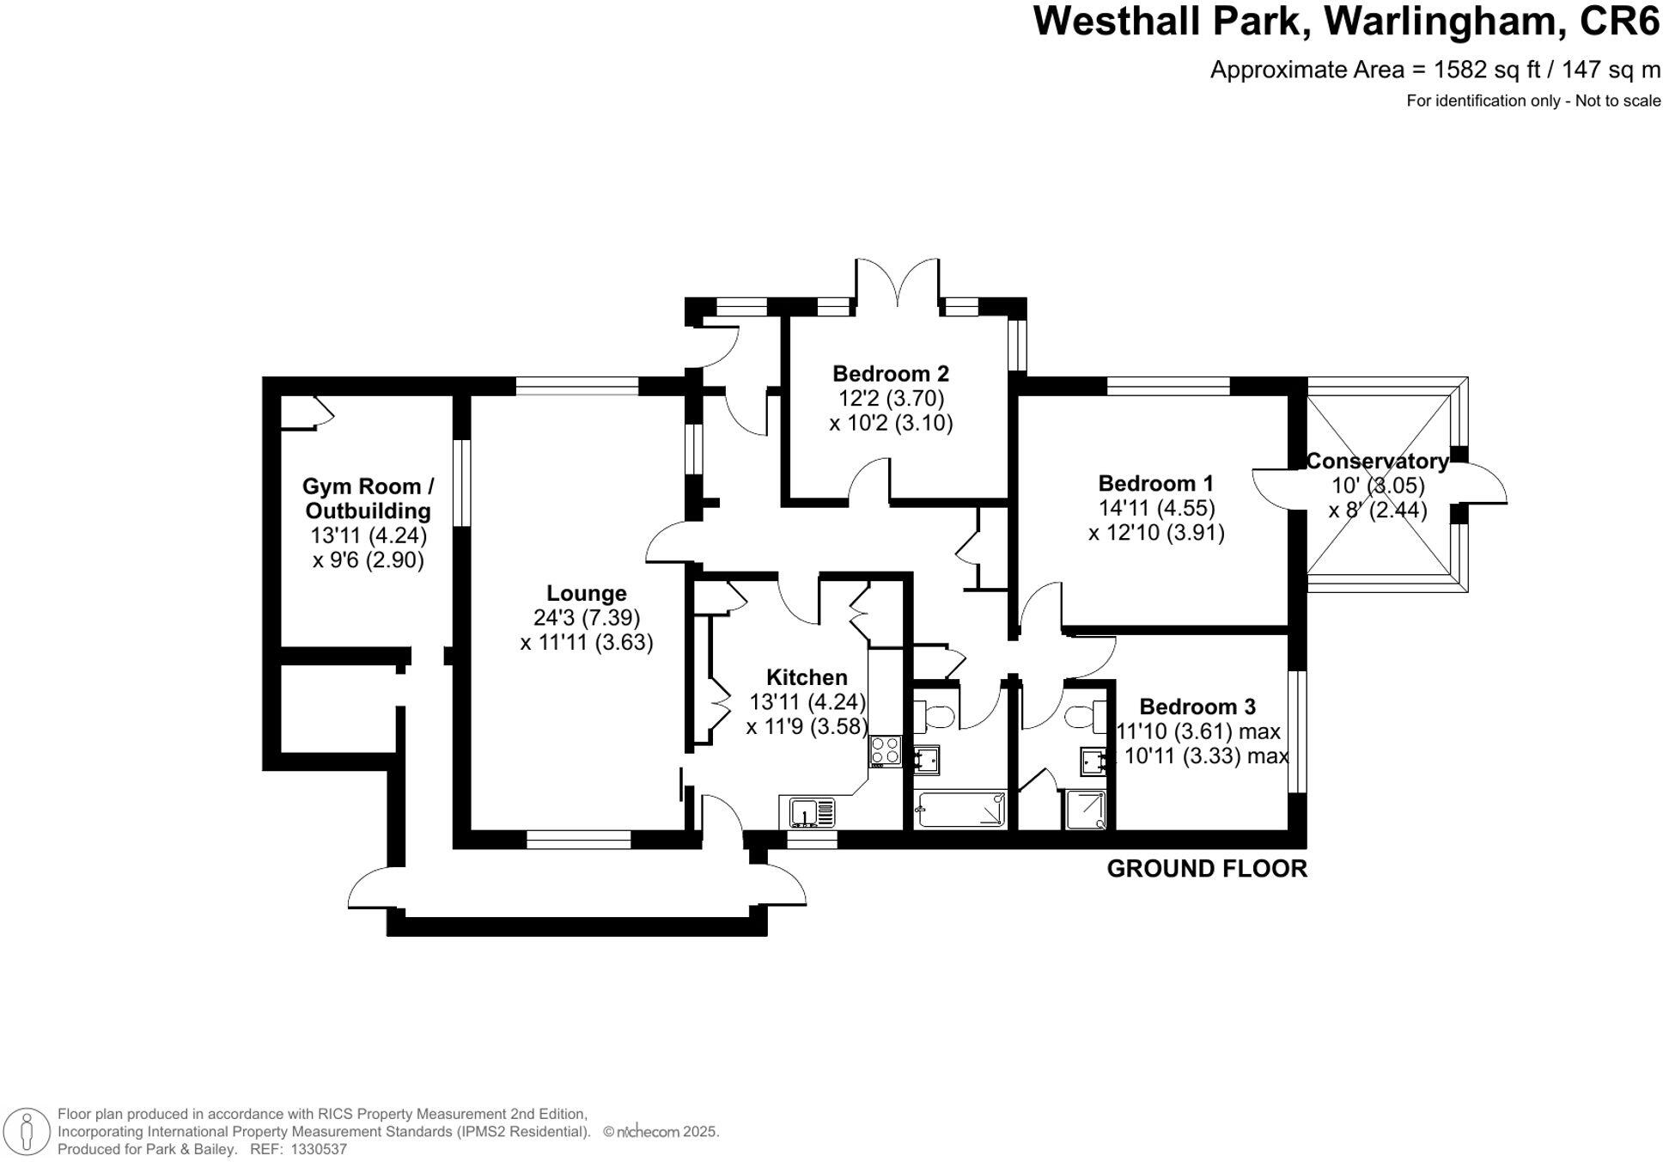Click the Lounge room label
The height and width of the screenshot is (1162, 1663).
[x=587, y=593]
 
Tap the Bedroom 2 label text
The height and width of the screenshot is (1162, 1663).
[x=891, y=374]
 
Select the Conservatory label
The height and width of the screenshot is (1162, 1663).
[x=1377, y=462]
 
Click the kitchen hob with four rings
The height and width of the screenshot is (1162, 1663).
[x=886, y=751]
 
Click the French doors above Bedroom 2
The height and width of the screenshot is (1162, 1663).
[x=899, y=284]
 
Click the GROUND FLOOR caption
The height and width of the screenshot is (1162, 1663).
[x=1207, y=869]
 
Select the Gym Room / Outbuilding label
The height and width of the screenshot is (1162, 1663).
[x=368, y=498]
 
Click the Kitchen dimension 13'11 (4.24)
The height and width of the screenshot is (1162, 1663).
[x=807, y=702]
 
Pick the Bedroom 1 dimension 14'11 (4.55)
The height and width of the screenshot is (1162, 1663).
[x=1156, y=508]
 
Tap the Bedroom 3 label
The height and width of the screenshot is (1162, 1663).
[x=1197, y=706]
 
